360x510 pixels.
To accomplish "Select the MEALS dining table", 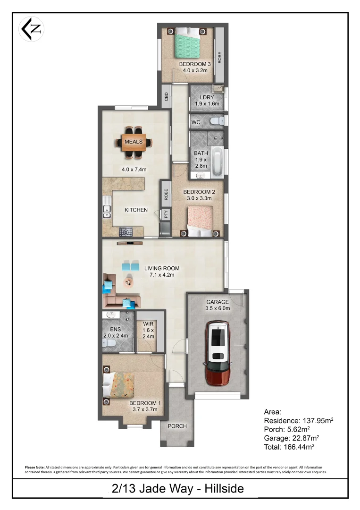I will coord(134,142).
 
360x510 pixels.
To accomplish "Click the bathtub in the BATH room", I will coord(218,162).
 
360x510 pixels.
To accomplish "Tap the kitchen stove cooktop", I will coord(126,231).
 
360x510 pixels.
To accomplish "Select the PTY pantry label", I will coord(166,214).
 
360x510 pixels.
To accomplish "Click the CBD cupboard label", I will coord(166,97).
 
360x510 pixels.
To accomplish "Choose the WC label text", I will coord(196,122).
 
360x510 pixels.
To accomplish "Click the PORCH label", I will coord(177,426).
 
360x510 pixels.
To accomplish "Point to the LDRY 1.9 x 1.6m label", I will coord(204,101).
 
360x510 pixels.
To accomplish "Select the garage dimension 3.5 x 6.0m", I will coord(218,308).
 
